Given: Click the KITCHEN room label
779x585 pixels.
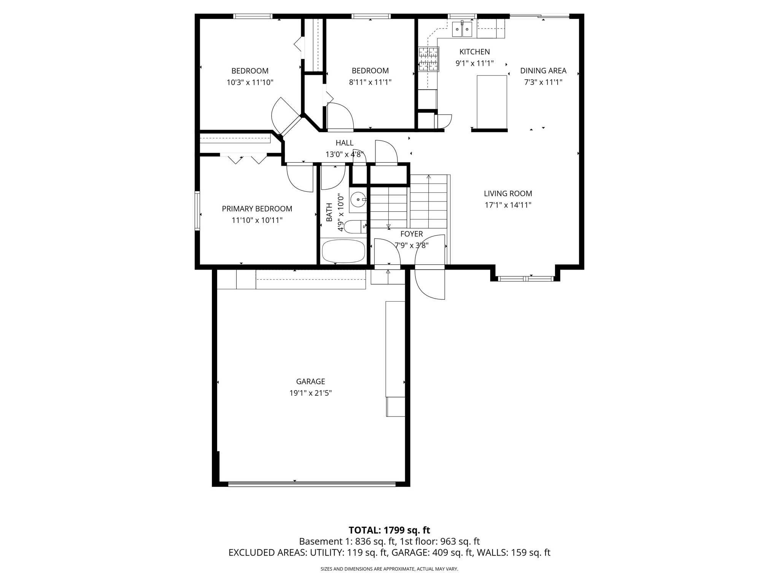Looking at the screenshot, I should tap(474, 52).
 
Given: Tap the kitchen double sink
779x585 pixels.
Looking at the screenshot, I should tap(462, 29).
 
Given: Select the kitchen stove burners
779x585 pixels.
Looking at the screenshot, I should tap(428, 59).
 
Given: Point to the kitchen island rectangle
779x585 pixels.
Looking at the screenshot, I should tap(492, 102).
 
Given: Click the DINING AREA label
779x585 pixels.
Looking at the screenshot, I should tap(543, 70).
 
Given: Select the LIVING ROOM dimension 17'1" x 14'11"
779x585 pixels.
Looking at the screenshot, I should tap(508, 205).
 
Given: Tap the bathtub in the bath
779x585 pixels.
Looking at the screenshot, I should tap(343, 251).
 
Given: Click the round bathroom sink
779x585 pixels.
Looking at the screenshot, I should tap(358, 199).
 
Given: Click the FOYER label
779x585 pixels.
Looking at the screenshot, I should tap(411, 234).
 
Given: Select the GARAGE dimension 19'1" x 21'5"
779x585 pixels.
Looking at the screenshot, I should tap(310, 393).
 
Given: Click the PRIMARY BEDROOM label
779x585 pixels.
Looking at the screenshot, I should tap(257, 209).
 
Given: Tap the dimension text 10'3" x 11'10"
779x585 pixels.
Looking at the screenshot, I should tap(250, 82).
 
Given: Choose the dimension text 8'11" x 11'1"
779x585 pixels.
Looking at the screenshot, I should tap(370, 82).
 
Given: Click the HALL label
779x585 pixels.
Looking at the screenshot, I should tap(344, 143).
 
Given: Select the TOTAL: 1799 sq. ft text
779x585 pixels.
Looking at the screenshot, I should tap(389, 530).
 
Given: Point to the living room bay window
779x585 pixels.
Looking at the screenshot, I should tap(525, 279).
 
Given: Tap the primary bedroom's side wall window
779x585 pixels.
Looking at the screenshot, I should tap(197, 211).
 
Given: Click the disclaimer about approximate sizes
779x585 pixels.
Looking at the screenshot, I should tap(389, 569).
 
